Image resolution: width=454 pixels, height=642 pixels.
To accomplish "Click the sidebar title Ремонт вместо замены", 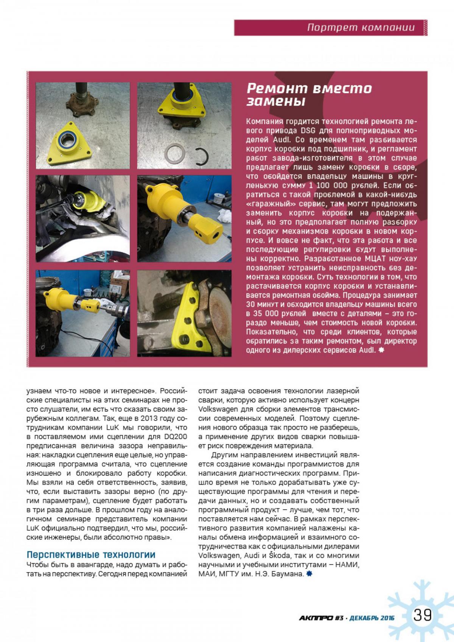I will point(309,95).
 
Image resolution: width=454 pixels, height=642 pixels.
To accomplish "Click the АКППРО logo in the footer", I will point(316,618).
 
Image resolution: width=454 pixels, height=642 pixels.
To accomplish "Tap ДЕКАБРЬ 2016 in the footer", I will point(372,618).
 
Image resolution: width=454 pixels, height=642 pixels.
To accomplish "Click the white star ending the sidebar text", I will point(381,350).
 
